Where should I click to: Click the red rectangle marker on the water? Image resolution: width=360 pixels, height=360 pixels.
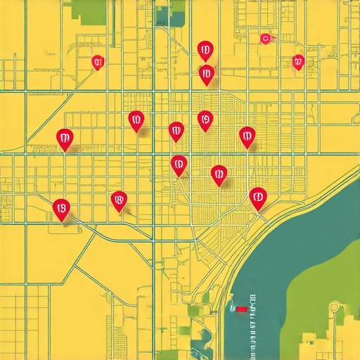click(242, 308)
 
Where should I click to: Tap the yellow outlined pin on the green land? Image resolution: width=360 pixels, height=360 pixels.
click(335, 307)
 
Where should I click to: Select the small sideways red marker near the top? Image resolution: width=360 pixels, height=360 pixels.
click(266, 39)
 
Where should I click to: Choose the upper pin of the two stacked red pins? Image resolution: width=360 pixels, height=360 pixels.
click(205, 50)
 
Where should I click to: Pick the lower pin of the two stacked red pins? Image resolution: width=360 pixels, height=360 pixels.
click(206, 73)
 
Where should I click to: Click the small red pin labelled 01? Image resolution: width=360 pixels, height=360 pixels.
click(98, 62)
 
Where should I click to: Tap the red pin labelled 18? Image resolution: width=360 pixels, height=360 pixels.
click(61, 208)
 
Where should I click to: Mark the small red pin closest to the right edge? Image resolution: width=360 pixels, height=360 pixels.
click(298, 62)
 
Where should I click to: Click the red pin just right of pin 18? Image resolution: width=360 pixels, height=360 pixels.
click(119, 201)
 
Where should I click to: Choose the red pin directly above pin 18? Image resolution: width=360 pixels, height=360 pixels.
click(64, 138)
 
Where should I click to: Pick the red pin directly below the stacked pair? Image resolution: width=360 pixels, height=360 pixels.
click(205, 120)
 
